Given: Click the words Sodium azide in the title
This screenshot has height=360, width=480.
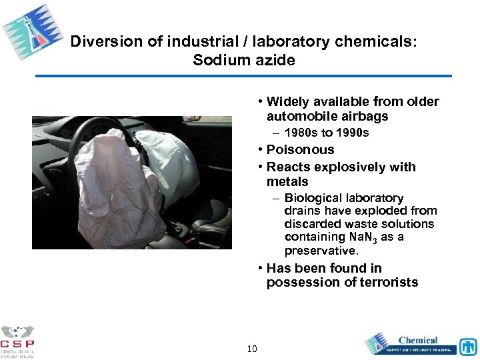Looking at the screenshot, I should tap(243, 60).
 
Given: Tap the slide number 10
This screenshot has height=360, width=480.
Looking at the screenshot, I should tap(252, 349).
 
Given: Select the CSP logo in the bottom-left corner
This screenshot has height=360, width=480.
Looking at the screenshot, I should tap(17, 341).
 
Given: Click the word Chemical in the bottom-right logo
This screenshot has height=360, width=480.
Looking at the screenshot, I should tap(418, 340).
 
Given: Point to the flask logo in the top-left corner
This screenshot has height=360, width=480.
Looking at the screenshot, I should tap(32, 32).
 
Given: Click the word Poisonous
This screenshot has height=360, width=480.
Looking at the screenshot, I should tap(300, 150).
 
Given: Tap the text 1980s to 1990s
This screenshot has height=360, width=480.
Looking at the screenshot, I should tap(327, 133).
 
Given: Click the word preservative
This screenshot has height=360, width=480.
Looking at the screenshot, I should tap(321, 251).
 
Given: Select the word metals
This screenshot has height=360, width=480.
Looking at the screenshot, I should tap(287, 181).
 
